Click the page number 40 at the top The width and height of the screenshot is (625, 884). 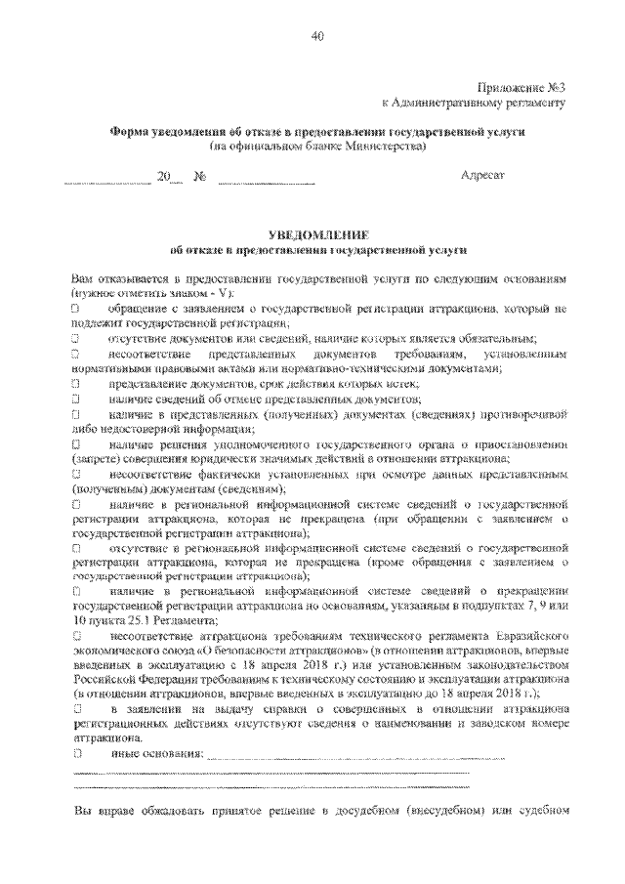[317, 37]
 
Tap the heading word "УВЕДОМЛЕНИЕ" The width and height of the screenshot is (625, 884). [317, 234]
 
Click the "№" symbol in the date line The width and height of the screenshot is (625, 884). [200, 177]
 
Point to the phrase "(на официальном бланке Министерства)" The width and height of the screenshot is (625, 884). [318, 146]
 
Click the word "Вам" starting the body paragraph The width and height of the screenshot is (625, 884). [85, 278]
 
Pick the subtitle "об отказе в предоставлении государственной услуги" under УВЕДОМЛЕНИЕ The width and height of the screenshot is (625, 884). [317, 250]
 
